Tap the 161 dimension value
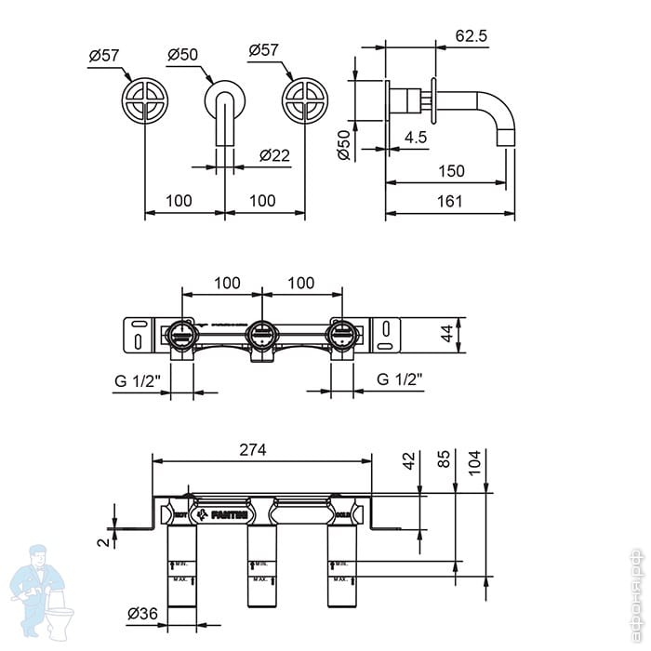click(x=449, y=201)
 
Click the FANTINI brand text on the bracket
click(x=229, y=512)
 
